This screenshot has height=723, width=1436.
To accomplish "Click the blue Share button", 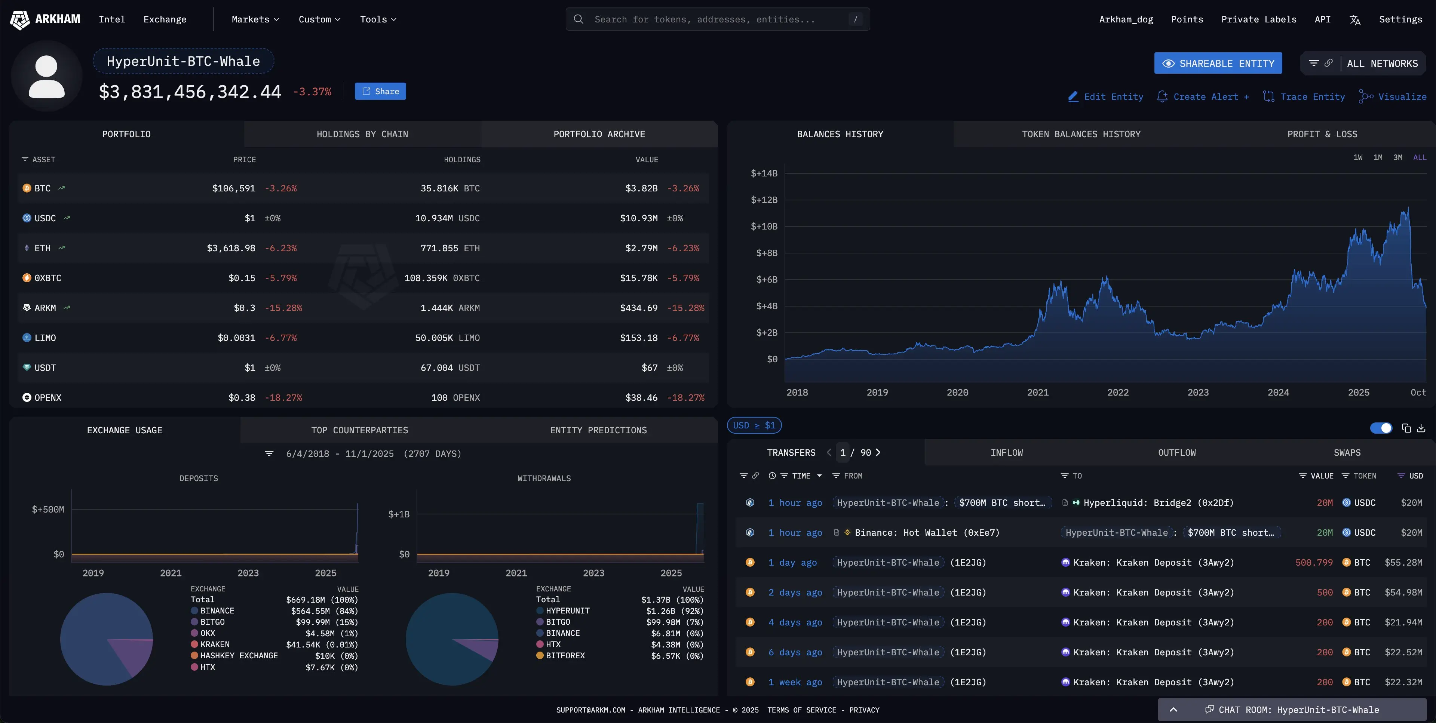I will click(380, 92).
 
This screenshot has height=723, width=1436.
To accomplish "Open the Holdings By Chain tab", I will click(362, 134).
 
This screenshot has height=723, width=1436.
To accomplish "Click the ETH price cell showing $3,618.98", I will click(231, 248).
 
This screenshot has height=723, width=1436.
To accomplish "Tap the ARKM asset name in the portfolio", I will click(45, 308).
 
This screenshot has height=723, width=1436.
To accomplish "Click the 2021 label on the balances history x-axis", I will click(1037, 393).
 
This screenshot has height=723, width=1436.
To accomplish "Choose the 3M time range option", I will click(1397, 158).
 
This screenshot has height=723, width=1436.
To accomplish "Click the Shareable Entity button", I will click(1218, 64).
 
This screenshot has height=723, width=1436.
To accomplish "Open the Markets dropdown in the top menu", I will click(255, 19).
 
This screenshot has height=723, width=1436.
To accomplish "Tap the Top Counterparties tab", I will click(359, 430).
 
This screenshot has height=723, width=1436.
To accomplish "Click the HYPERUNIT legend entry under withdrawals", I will click(568, 611).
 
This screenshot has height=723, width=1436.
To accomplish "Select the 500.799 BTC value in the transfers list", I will click(1313, 563).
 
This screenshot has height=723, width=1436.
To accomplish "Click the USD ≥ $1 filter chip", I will click(754, 425).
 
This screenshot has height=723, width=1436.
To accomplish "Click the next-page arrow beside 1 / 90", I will click(878, 453).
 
